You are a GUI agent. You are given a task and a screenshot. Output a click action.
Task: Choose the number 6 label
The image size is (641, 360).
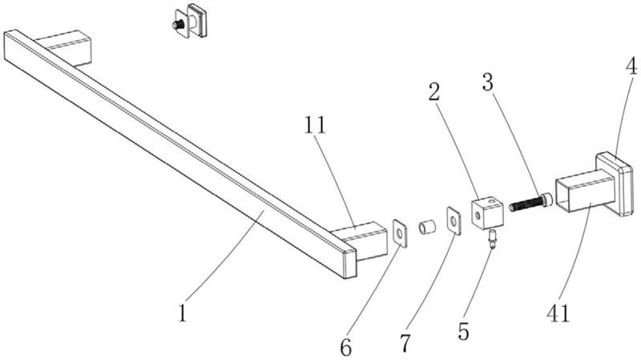tap(345, 346)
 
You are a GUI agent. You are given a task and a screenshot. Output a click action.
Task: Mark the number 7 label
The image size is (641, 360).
tap(405, 344)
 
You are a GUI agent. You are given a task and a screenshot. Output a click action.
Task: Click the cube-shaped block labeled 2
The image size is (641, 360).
tap(486, 213)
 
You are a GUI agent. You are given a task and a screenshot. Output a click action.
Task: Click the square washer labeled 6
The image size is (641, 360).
tap(398, 234)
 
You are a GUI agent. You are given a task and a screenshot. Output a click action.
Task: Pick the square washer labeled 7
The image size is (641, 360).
tap(453, 220)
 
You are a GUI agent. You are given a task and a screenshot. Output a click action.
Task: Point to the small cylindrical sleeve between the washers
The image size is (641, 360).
tap(425, 227)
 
